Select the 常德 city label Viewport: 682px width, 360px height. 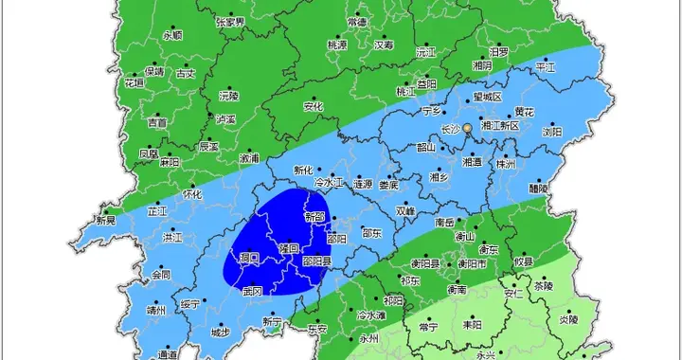click(x=358, y=21)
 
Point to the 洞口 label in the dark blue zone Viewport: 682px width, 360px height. click(x=250, y=257)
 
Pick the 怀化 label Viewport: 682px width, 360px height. click(x=192, y=194)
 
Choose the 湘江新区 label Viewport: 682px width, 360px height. click(x=501, y=125)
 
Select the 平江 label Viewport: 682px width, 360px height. click(x=546, y=68)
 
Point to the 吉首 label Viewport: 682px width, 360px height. click(x=157, y=122)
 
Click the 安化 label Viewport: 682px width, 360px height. click(x=314, y=106)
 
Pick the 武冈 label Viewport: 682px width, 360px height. click(x=252, y=292)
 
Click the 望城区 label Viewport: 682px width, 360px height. click(x=486, y=97)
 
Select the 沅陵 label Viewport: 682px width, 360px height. click(x=229, y=97)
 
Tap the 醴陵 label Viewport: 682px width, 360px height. click(x=538, y=188)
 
